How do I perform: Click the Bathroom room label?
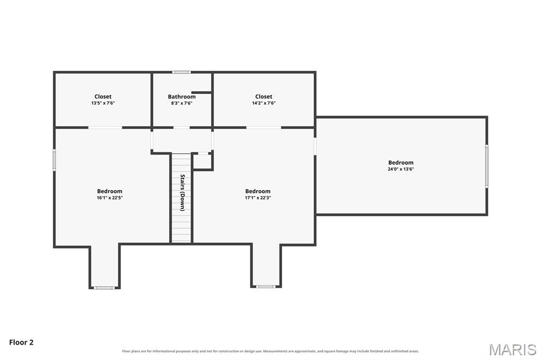(x=182, y=97)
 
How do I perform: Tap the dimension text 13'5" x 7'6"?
(x=103, y=103)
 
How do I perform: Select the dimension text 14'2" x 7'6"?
(x=264, y=103)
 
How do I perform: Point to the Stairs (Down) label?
(x=182, y=193)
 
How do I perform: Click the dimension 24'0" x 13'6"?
(x=400, y=169)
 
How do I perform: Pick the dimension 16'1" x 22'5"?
(x=110, y=197)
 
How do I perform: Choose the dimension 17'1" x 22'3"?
(x=258, y=197)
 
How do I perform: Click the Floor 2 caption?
(x=21, y=343)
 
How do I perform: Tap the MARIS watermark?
(x=512, y=349)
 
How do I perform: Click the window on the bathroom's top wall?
(x=182, y=72)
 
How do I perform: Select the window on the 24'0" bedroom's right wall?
(x=487, y=166)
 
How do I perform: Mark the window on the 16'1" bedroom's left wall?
(x=54, y=159)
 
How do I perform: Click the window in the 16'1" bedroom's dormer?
(x=105, y=288)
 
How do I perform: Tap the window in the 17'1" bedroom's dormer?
(x=266, y=287)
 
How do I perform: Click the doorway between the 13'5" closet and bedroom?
(x=105, y=128)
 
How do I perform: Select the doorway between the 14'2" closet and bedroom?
(x=264, y=128)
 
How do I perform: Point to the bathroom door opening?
(x=182, y=128)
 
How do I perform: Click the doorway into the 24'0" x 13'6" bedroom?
(x=315, y=146)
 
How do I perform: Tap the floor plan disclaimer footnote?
(x=270, y=352)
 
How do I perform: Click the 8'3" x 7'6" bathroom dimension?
(x=182, y=103)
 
